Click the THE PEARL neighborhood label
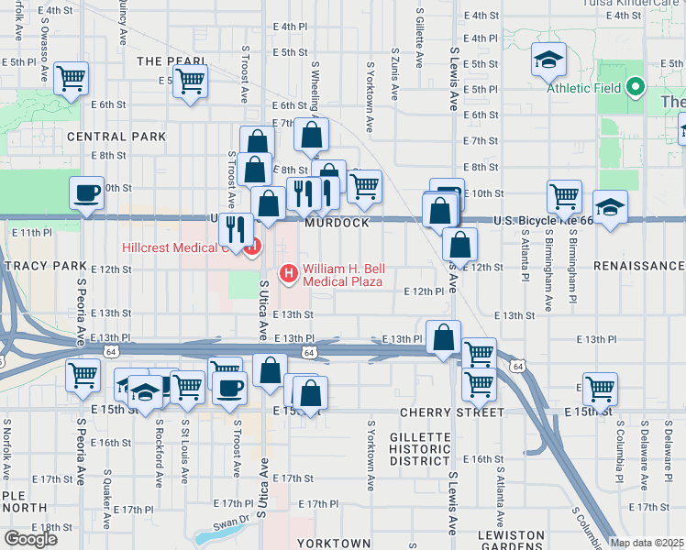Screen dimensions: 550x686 point(171,60)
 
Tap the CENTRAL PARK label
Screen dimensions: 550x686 point(116,137)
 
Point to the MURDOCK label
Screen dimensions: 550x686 point(337,223)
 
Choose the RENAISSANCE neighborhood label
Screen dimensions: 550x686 point(638,265)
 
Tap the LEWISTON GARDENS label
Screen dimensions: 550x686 point(511,541)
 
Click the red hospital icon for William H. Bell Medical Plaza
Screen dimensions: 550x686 point(289,272)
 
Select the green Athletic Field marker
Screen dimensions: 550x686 point(636,89)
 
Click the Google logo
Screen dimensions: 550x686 point(30,539)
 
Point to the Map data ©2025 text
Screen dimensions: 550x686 point(647,543)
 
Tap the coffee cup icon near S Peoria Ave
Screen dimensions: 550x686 point(87,192)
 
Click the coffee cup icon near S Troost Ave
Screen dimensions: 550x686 point(229,386)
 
